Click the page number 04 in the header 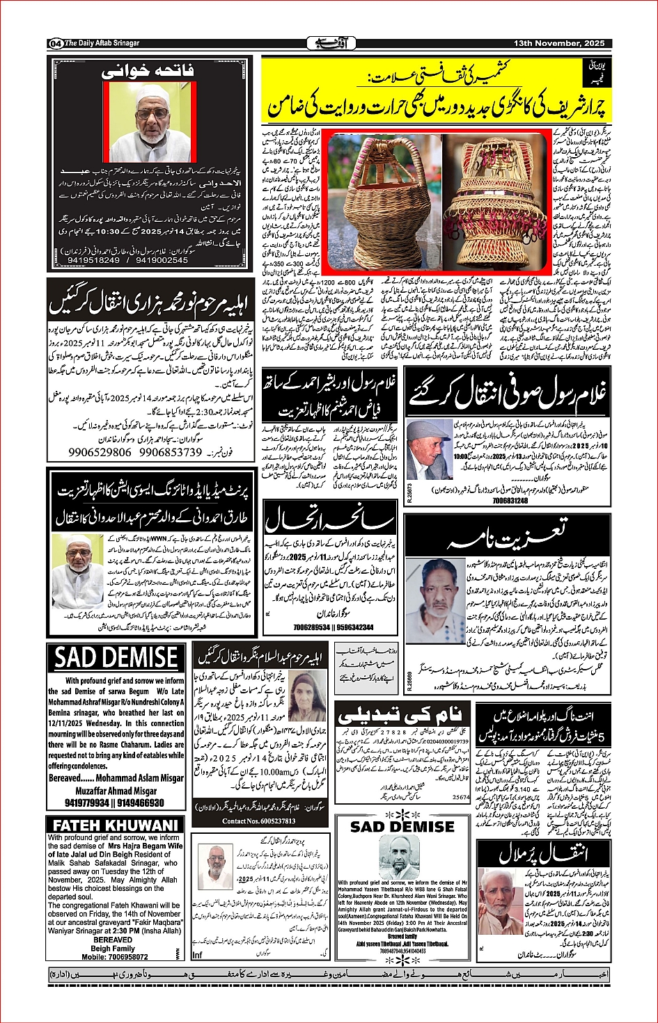point(56,43)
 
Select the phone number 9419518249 point(93,260)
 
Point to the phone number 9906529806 point(100,452)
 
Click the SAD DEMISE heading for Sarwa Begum point(116,658)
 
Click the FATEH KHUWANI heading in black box point(116,825)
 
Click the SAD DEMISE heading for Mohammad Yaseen point(402,827)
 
